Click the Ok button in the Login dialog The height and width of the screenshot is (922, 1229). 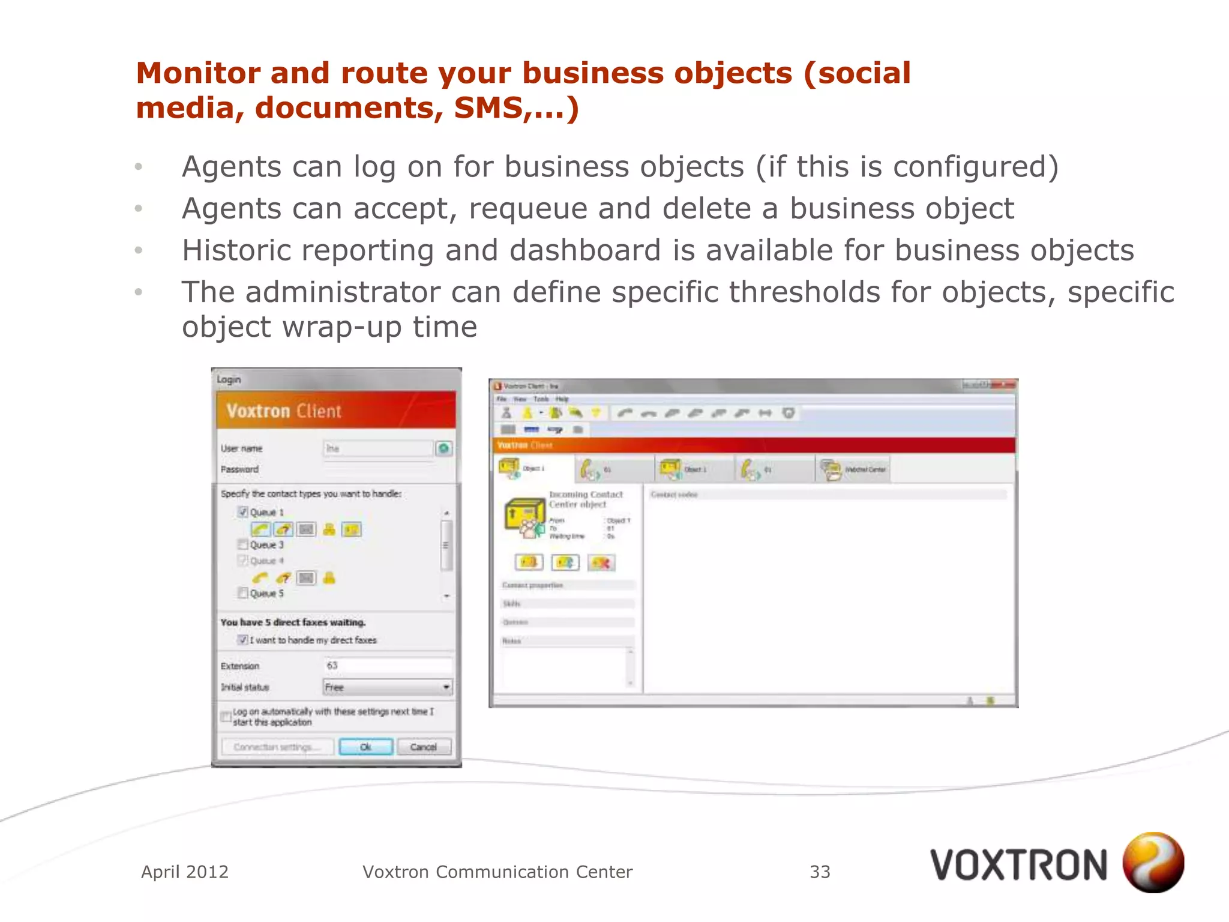365,747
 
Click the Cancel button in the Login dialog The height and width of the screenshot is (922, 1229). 423,747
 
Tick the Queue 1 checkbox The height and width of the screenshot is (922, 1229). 243,512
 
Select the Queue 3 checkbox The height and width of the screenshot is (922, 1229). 243,544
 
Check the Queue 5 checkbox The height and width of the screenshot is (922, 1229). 243,593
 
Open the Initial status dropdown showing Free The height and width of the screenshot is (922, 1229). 388,687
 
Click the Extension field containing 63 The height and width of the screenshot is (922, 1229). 388,665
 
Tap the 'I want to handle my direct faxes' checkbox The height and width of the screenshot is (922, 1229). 243,640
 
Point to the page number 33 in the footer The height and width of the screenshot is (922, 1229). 820,872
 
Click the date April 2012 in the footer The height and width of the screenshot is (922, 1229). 185,872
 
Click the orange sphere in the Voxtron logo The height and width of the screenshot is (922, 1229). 1153,862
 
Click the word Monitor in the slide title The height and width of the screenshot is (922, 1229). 197,73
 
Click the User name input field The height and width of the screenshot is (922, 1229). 378,448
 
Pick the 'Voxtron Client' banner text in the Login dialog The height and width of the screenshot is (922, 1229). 284,411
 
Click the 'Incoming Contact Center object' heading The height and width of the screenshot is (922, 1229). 586,499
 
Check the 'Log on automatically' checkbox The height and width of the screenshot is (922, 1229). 226,717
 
